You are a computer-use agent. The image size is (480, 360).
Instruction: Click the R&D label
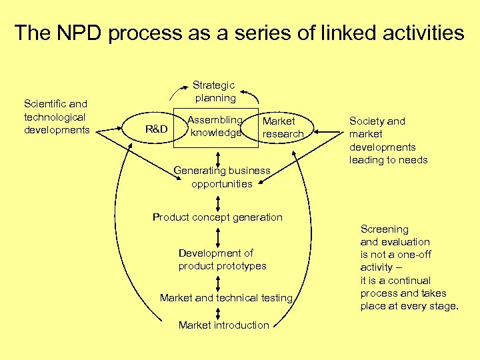tap(156, 129)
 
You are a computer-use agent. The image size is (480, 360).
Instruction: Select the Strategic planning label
tap(214, 91)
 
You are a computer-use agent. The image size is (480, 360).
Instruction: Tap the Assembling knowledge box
tap(215, 126)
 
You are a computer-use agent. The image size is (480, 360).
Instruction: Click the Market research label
tap(283, 127)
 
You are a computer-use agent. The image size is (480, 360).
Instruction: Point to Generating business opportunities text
tap(222, 177)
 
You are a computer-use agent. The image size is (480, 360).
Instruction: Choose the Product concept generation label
tap(217, 217)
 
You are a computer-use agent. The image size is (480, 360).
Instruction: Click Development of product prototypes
tap(222, 259)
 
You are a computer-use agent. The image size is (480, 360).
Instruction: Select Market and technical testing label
tap(226, 298)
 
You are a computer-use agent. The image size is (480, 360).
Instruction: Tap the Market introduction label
tap(223, 325)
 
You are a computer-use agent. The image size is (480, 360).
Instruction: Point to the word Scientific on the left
tap(45, 104)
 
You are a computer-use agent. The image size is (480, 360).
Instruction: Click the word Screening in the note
tap(385, 229)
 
